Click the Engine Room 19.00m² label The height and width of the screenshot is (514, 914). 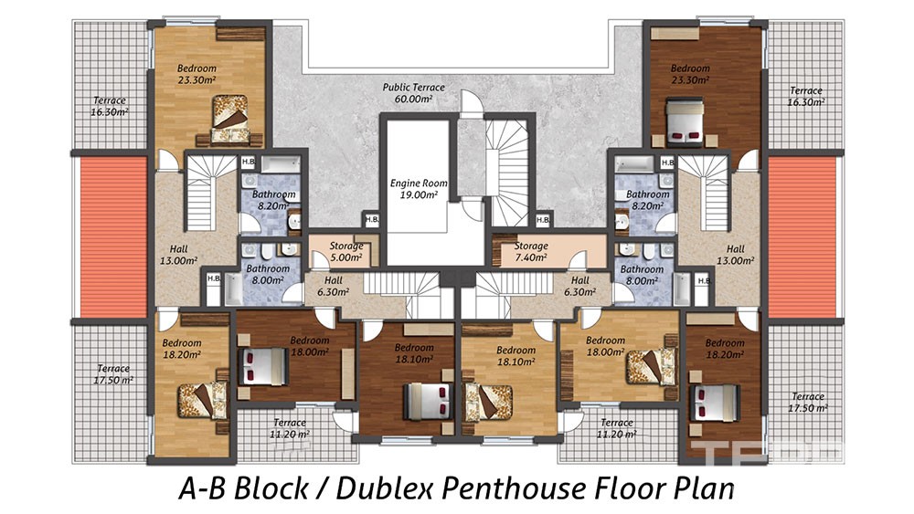pyautogui.click(x=419, y=189)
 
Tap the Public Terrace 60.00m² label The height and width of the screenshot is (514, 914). pyautogui.click(x=413, y=93)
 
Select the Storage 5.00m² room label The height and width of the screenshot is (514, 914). pyautogui.click(x=346, y=251)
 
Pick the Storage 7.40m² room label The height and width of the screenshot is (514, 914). pyautogui.click(x=530, y=251)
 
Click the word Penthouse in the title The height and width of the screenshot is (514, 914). pyautogui.click(x=517, y=488)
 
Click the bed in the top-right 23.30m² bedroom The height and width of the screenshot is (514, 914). pyautogui.click(x=685, y=122)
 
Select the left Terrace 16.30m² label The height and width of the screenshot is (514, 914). pyautogui.click(x=110, y=106)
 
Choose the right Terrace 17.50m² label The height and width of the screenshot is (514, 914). pyautogui.click(x=807, y=403)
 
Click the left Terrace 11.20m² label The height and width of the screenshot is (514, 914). pyautogui.click(x=289, y=428)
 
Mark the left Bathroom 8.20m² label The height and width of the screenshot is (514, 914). pyautogui.click(x=273, y=200)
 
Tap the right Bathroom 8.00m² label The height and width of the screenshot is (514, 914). pyautogui.click(x=642, y=275)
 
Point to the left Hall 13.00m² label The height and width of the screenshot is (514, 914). pyautogui.click(x=178, y=255)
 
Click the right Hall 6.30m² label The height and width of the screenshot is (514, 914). pyautogui.click(x=579, y=286)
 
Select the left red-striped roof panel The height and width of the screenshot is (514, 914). pyautogui.click(x=113, y=237)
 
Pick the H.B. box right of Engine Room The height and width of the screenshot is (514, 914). pyautogui.click(x=543, y=219)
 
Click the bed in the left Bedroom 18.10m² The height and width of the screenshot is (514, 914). pyautogui.click(x=429, y=401)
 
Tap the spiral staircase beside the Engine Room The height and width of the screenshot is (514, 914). pyautogui.click(x=506, y=169)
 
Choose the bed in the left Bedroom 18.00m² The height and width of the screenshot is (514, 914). pyautogui.click(x=263, y=367)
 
